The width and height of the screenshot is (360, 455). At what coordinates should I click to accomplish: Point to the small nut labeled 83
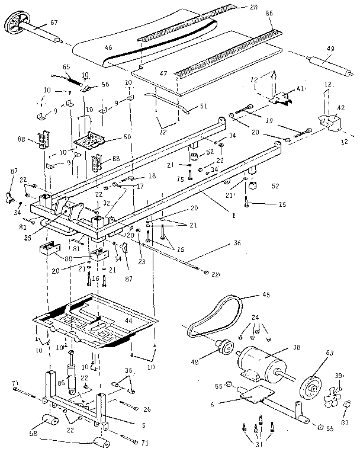(348, 405)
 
